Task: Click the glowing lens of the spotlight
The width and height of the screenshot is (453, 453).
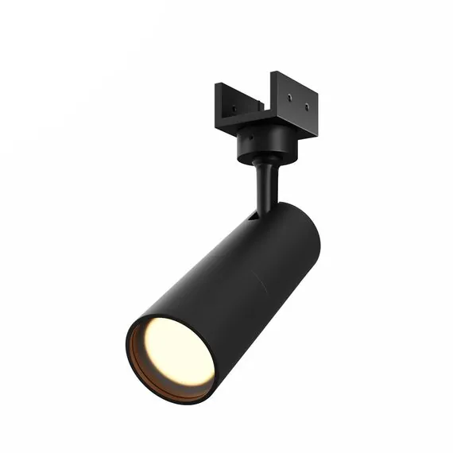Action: click(176, 350)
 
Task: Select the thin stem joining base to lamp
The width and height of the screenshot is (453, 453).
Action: click(265, 187)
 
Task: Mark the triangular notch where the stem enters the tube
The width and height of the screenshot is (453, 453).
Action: click(253, 214)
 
